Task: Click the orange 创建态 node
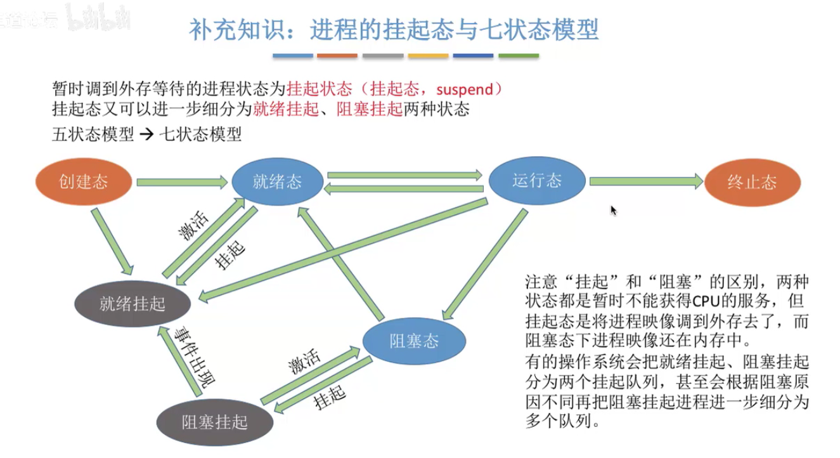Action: pos(84,182)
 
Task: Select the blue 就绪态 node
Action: pos(277,182)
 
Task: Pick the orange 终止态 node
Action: pos(752,183)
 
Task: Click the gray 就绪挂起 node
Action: pos(132,304)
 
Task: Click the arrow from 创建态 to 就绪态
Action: pos(181,183)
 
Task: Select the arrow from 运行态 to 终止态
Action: pos(645,182)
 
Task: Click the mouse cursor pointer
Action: pos(613,210)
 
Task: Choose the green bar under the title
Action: pos(519,56)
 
